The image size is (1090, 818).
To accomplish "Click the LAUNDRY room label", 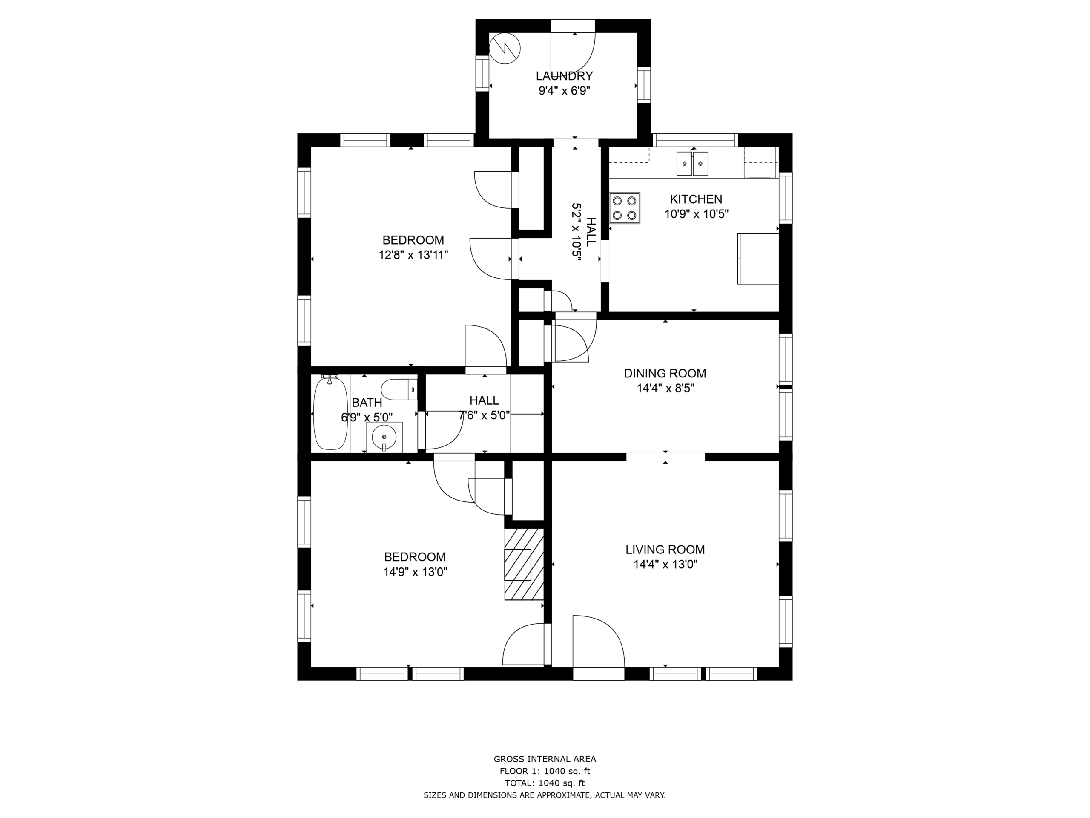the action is [564, 76].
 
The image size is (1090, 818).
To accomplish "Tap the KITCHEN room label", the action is [696, 199].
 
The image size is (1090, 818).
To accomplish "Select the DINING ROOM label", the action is [665, 373].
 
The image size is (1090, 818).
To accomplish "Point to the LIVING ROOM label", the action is [665, 549].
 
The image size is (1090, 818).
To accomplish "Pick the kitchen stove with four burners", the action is [624, 208].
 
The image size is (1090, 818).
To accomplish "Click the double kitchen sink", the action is [692, 164].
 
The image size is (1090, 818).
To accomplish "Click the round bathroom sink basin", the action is [384, 437].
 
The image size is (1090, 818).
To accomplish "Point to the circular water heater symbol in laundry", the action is [505, 48].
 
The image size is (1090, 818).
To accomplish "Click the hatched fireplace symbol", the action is [524, 565].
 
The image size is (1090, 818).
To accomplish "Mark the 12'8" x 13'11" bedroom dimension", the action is [413, 255].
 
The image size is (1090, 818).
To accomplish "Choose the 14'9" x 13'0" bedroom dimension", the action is [415, 572].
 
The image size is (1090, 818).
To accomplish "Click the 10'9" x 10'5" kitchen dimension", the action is [696, 214].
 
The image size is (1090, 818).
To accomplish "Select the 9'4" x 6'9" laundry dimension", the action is [564, 91].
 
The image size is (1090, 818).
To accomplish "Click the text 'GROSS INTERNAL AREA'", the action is [545, 759].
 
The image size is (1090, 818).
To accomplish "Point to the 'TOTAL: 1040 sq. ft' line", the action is [545, 783].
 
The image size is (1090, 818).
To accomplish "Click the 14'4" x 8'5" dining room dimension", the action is [665, 389].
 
